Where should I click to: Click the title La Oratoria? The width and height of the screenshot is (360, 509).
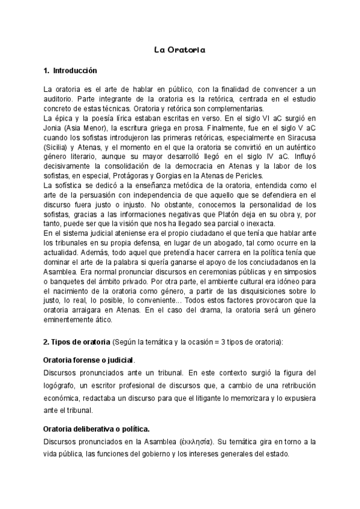179,50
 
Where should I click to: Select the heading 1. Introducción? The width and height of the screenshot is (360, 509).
70,71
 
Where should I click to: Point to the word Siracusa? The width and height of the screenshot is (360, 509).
298,137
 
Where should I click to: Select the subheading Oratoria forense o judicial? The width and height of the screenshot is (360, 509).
89,361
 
